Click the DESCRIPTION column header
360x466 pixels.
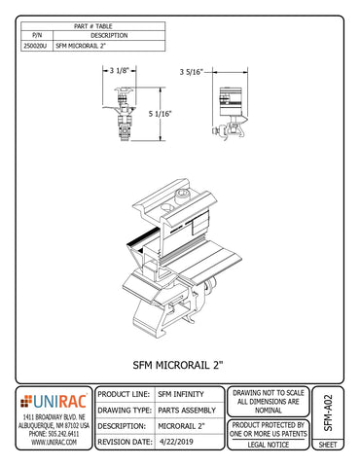(x=109, y=35)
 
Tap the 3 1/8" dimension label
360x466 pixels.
(x=122, y=69)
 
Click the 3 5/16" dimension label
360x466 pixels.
(x=193, y=71)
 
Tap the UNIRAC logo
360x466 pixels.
(x=54, y=401)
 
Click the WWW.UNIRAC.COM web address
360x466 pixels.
(x=54, y=442)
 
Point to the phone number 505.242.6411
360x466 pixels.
(x=54, y=433)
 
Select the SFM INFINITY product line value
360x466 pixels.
(x=184, y=395)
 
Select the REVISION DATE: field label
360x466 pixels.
(x=125, y=442)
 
